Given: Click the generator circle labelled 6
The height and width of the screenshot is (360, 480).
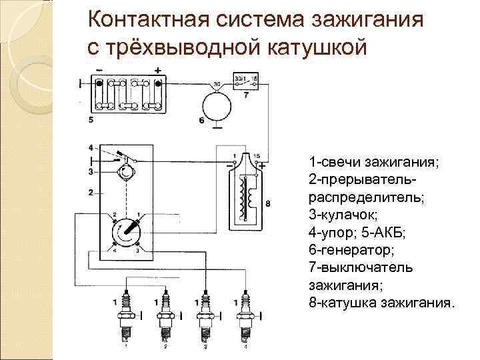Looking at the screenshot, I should [x=216, y=106].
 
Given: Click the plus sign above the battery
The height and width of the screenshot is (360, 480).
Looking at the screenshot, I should [x=157, y=70].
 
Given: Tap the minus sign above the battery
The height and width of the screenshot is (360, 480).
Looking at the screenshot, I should [x=99, y=70].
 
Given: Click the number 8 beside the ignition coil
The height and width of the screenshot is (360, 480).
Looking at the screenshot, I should [x=267, y=202].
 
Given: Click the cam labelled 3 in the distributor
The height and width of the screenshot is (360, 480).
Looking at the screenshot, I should [x=125, y=173].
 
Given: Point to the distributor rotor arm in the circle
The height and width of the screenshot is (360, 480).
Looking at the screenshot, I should [x=125, y=233].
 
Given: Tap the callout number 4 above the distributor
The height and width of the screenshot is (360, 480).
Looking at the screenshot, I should [x=90, y=147].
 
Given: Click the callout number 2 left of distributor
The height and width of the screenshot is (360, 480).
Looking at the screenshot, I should [x=90, y=193].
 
